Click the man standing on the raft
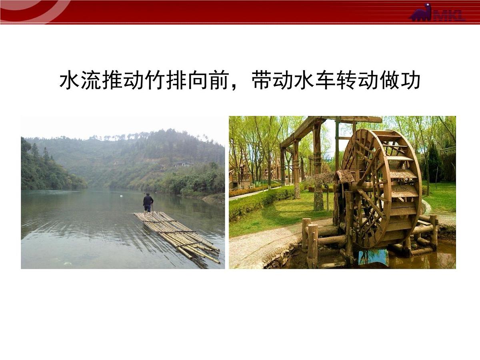(148, 202)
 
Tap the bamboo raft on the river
(178, 236)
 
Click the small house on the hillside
(183, 164)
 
